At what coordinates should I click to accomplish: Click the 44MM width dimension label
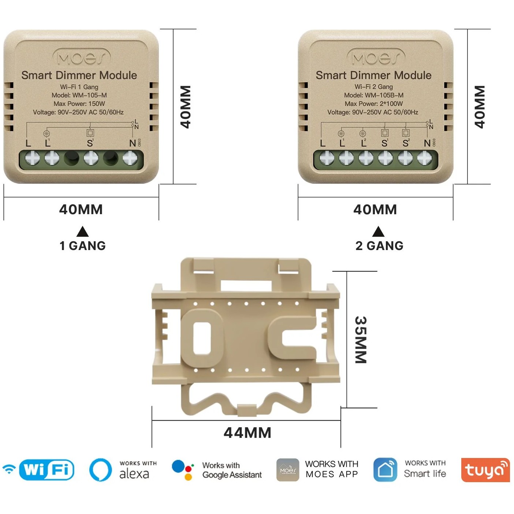247,433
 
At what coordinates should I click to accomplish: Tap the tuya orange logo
485,470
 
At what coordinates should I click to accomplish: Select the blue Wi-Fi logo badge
46,470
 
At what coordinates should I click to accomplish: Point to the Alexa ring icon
101,470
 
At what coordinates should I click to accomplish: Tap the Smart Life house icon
385,470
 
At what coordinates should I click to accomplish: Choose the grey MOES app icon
288,470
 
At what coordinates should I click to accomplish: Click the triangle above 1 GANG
83,231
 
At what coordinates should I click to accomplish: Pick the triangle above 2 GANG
378,231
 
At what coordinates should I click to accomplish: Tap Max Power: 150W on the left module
79,104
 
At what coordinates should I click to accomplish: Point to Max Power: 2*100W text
373,104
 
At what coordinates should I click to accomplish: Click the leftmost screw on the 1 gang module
32,159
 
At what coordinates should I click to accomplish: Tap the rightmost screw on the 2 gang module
425,159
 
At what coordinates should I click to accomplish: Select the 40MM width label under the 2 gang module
375,209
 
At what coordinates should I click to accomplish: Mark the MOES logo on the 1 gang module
81,58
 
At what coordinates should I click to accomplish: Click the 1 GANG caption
83,246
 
